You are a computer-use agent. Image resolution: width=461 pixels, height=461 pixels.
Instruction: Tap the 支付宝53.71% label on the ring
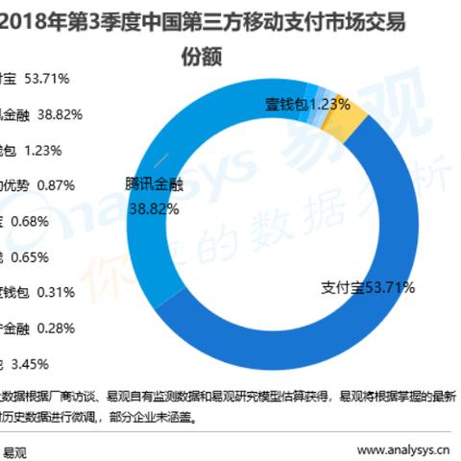tap(352, 286)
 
